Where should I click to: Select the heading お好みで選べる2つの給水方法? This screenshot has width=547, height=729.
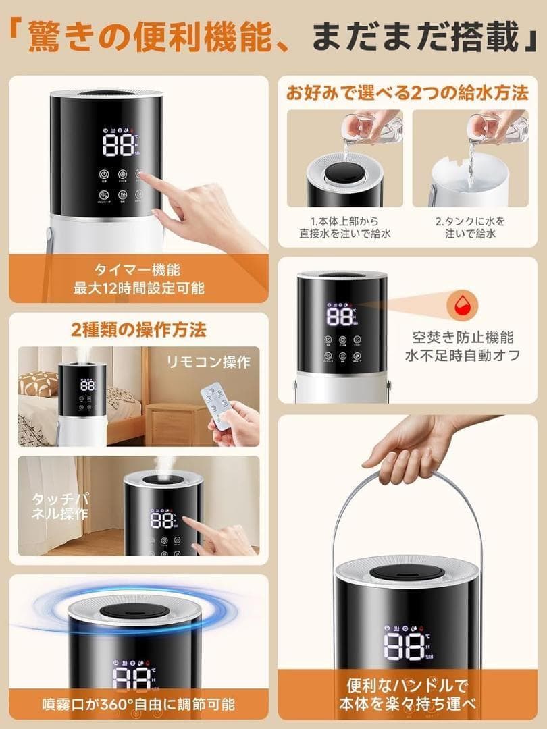pos(407,93)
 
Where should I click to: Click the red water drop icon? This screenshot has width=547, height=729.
pos(463,302)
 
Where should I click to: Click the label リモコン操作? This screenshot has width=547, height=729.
pos(209,362)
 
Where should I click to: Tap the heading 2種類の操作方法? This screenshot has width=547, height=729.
pos(138,329)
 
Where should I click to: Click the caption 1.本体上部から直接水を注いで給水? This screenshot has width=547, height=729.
pos(345,227)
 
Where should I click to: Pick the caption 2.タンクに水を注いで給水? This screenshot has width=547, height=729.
pos(470,227)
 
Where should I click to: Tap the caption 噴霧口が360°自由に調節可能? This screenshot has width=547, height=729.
pos(138,704)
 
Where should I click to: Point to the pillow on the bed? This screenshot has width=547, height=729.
pos(38,384)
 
